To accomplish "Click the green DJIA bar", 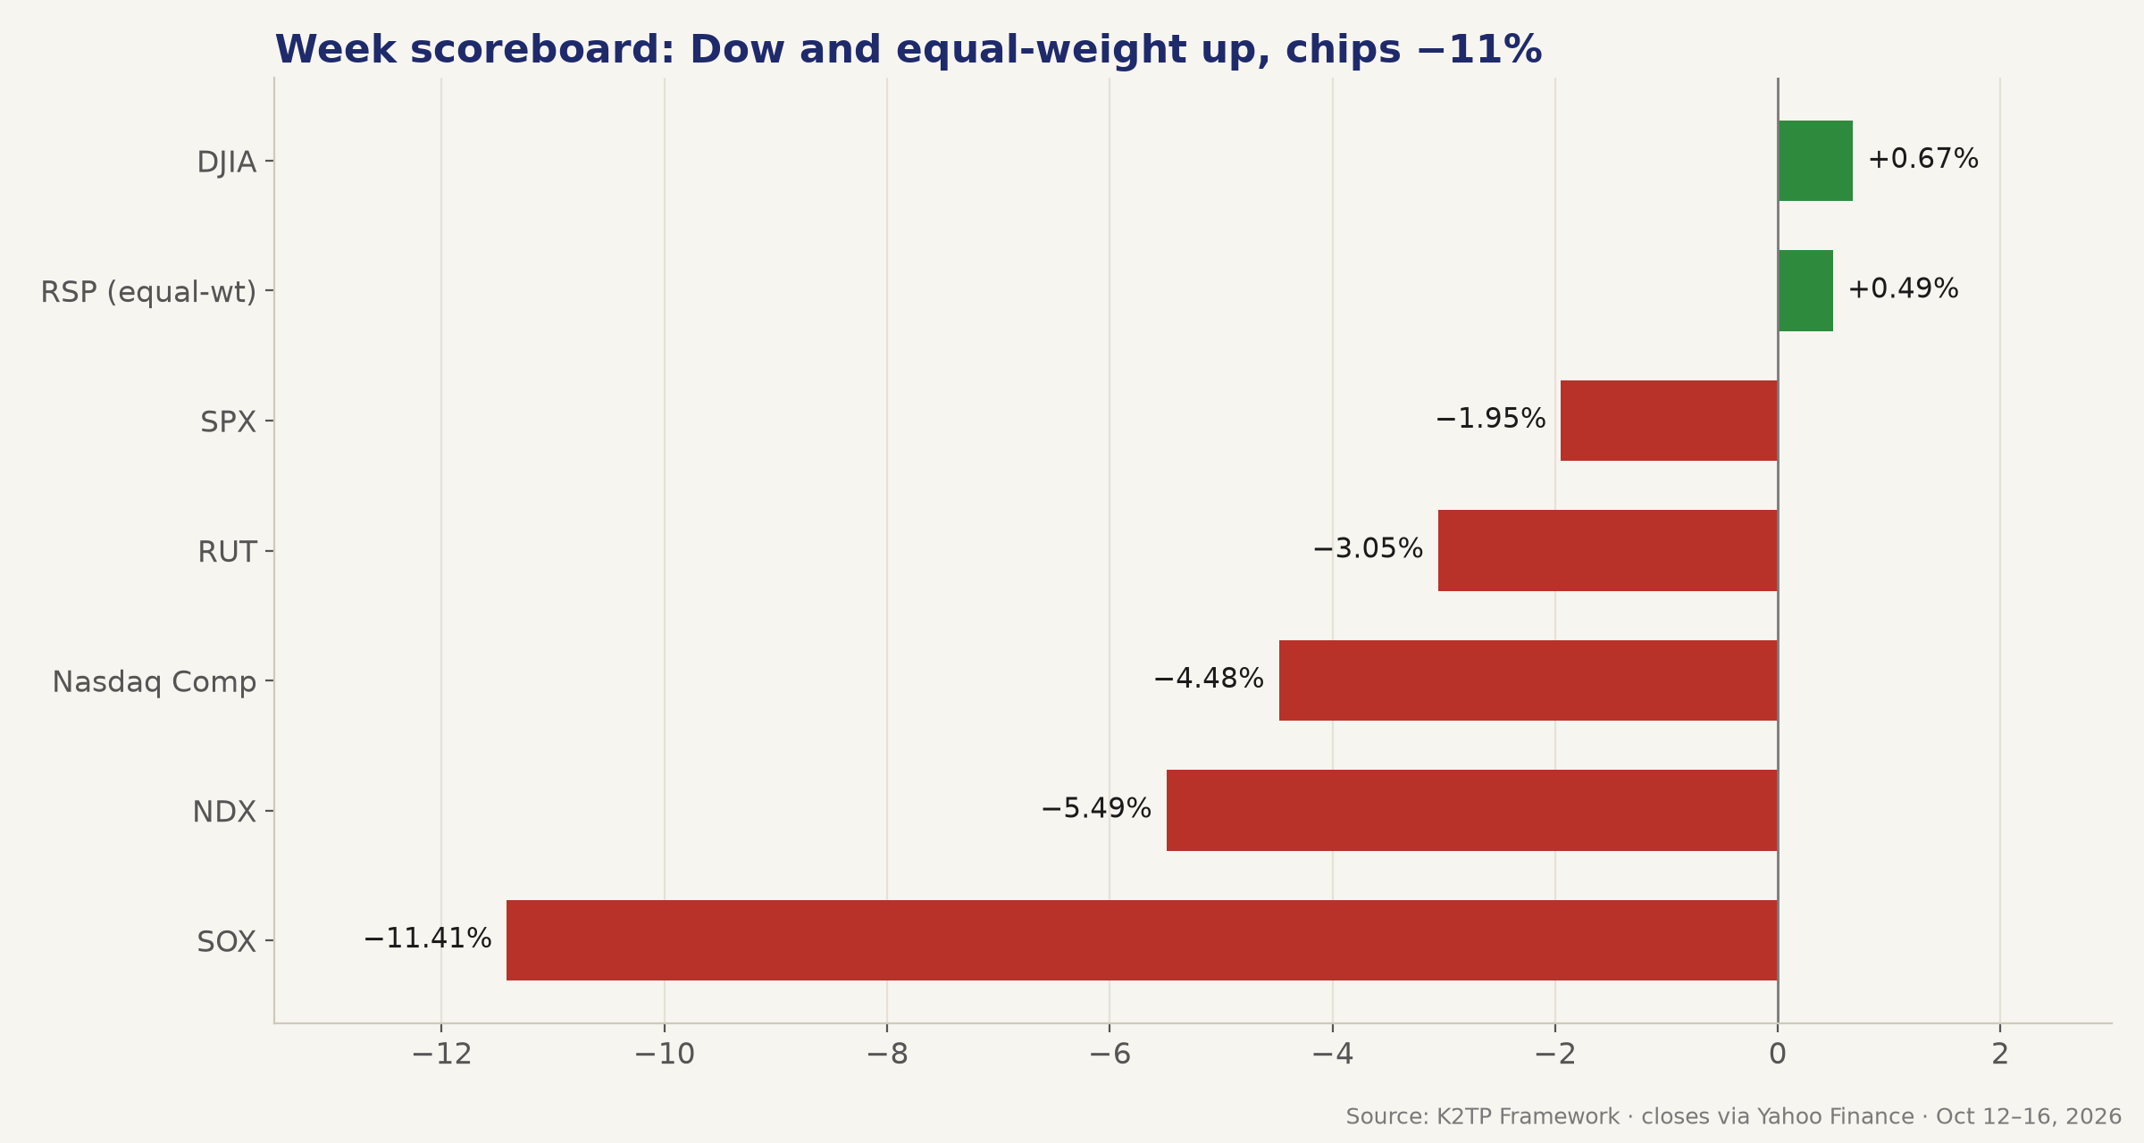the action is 1815,161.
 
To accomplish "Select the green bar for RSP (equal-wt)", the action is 1805,290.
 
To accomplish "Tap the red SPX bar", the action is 1669,421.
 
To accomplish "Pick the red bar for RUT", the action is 1608,550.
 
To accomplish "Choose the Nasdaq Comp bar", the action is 1528,680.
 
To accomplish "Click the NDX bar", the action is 1472,810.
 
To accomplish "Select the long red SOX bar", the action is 1142,940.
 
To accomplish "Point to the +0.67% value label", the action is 1923,159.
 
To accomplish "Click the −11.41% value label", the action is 428,939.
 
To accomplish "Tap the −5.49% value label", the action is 1096,809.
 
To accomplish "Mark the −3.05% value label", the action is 1368,548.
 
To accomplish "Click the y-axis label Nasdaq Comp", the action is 155,682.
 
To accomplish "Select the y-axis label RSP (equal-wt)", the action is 148,292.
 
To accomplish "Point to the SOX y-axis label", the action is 227,942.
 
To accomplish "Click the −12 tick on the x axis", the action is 441,1055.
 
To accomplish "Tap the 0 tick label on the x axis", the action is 1778,1055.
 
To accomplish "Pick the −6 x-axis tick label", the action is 1110,1055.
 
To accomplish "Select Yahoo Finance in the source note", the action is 1836,1117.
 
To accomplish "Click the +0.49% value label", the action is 1904,288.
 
